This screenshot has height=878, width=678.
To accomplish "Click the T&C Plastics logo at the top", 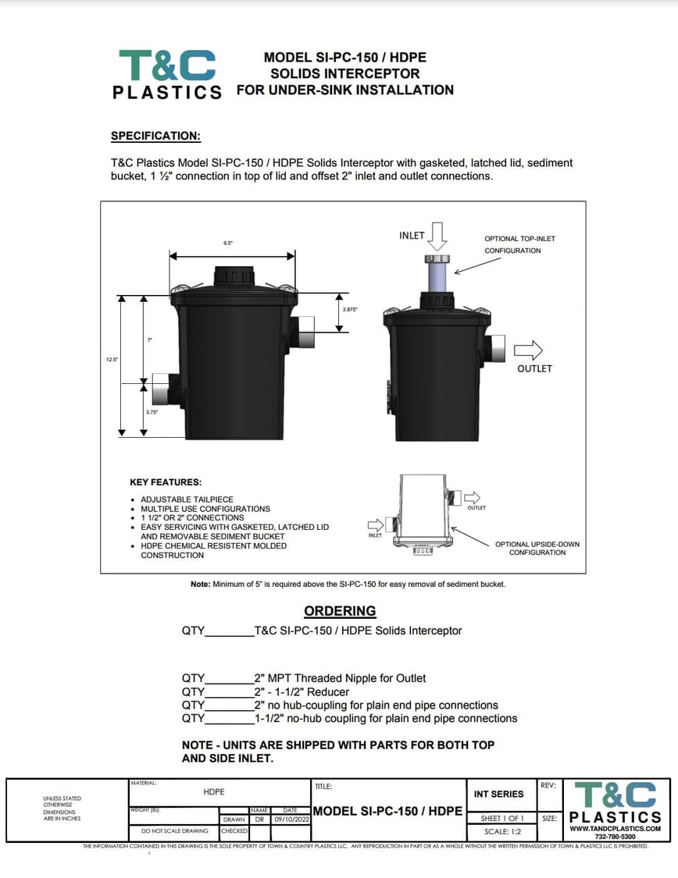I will (x=167, y=74).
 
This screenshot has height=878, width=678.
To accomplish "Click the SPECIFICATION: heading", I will (x=155, y=136).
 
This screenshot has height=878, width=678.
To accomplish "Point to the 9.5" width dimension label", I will (x=229, y=243).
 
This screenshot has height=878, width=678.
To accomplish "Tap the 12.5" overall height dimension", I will (x=112, y=360).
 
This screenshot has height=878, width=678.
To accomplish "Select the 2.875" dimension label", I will (x=350, y=310).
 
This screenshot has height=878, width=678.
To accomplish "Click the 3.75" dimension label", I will (x=152, y=411).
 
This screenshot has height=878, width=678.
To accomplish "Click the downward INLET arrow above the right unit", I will (x=437, y=235).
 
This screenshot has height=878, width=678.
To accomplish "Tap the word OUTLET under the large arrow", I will (x=534, y=368).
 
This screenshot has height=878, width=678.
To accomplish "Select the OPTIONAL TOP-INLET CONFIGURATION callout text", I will (x=519, y=244).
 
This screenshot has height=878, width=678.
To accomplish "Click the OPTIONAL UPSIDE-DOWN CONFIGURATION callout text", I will (x=537, y=548).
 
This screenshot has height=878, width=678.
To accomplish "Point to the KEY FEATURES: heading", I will (x=165, y=482).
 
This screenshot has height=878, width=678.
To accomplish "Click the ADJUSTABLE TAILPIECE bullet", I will (x=187, y=499).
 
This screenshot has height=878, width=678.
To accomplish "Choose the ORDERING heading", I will (x=339, y=611).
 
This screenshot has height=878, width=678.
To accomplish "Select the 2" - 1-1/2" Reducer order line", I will (x=302, y=691).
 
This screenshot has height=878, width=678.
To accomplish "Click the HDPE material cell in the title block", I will (x=214, y=791).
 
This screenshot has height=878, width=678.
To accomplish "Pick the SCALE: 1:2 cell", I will (x=502, y=831).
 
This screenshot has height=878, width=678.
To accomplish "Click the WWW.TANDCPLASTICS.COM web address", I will (x=615, y=828).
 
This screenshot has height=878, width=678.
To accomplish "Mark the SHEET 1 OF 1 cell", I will (x=502, y=818).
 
